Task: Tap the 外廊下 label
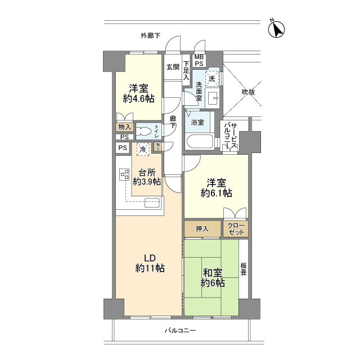150,36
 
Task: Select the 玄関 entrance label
173,66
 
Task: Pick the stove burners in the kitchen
123,176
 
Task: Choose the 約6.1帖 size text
217,193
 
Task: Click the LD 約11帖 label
150,263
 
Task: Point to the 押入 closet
202,229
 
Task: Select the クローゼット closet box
235,228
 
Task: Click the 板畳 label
244,269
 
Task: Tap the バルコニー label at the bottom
180,331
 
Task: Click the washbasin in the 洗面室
213,99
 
